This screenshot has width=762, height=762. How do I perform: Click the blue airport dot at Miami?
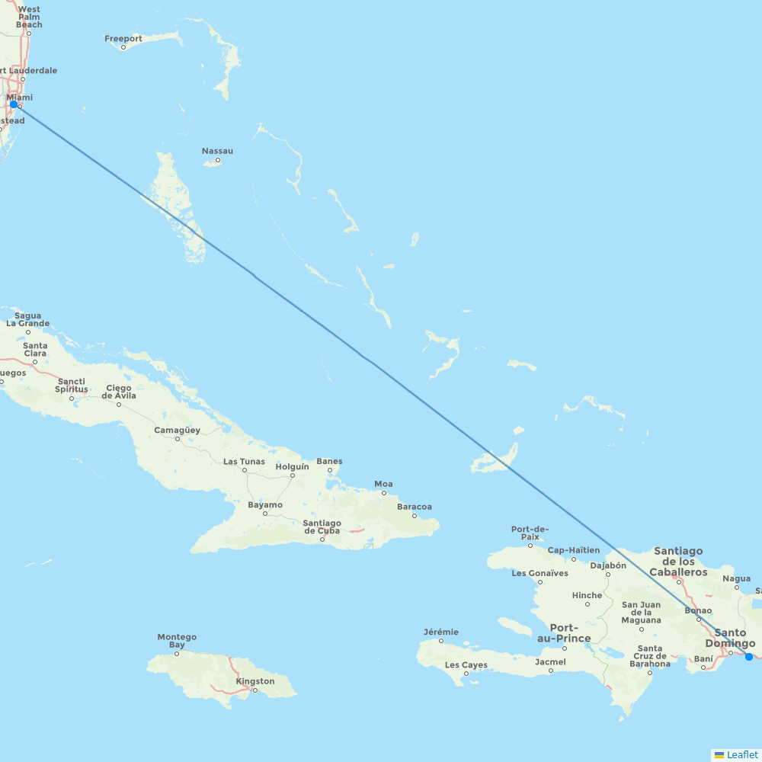(14, 104)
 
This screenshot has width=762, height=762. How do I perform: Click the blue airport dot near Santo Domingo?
(749, 657)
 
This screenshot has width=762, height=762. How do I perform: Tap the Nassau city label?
(217, 151)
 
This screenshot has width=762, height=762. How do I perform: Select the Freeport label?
(123, 39)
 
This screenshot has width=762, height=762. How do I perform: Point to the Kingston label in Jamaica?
(255, 681)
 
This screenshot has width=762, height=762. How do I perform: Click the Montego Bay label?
(177, 641)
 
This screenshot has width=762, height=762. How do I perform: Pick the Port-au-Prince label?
(563, 633)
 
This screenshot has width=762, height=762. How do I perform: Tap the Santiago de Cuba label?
(322, 527)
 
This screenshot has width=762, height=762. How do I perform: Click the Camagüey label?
(177, 430)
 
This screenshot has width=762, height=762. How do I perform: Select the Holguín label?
(292, 466)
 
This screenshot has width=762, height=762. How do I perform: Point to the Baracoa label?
(415, 507)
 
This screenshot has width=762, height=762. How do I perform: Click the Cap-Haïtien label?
(574, 550)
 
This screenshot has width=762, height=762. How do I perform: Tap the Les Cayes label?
(466, 664)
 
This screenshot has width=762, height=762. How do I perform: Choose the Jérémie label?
(441, 632)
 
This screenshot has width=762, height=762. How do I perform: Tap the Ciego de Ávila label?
(119, 392)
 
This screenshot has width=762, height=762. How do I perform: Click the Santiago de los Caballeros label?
(678, 562)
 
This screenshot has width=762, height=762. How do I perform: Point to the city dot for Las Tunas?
(245, 470)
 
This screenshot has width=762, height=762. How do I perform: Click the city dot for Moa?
(383, 492)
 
